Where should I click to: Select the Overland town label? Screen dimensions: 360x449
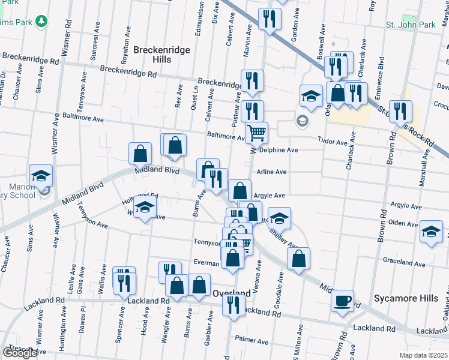tap(232, 293)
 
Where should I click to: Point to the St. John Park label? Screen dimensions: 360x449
tap(410, 25)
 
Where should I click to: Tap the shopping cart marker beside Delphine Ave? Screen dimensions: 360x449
tap(256, 133)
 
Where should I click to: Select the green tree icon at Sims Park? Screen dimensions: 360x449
tap(41, 22)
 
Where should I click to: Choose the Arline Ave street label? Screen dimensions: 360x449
tap(271, 172)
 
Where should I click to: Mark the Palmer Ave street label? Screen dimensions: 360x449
tap(252, 340)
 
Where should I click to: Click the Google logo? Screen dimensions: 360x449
tap(20, 353)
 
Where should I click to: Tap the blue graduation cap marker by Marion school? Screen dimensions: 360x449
tap(41, 175)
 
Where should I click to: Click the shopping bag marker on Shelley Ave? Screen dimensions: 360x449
tap(298, 258)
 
